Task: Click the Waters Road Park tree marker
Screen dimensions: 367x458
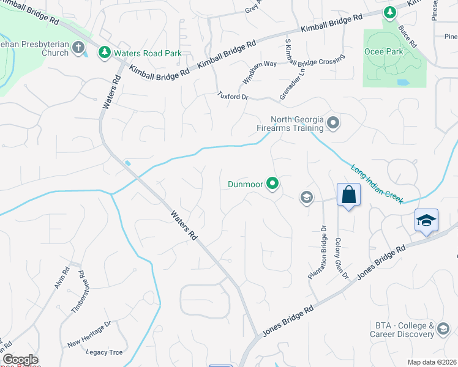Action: (x=105, y=53)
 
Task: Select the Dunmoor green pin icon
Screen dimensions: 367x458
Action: (x=273, y=183)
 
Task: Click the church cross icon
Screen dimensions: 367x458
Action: (x=78, y=47)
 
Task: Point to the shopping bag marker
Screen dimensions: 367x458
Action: (x=348, y=195)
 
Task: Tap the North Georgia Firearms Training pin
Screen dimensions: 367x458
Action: (x=333, y=124)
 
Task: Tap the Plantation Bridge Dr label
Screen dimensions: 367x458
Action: (x=318, y=253)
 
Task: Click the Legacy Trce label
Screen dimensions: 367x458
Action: (x=105, y=352)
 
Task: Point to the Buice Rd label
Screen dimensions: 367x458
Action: (x=407, y=37)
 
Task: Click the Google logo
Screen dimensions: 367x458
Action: (x=20, y=360)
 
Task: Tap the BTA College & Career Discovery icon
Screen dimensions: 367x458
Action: (x=443, y=331)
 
